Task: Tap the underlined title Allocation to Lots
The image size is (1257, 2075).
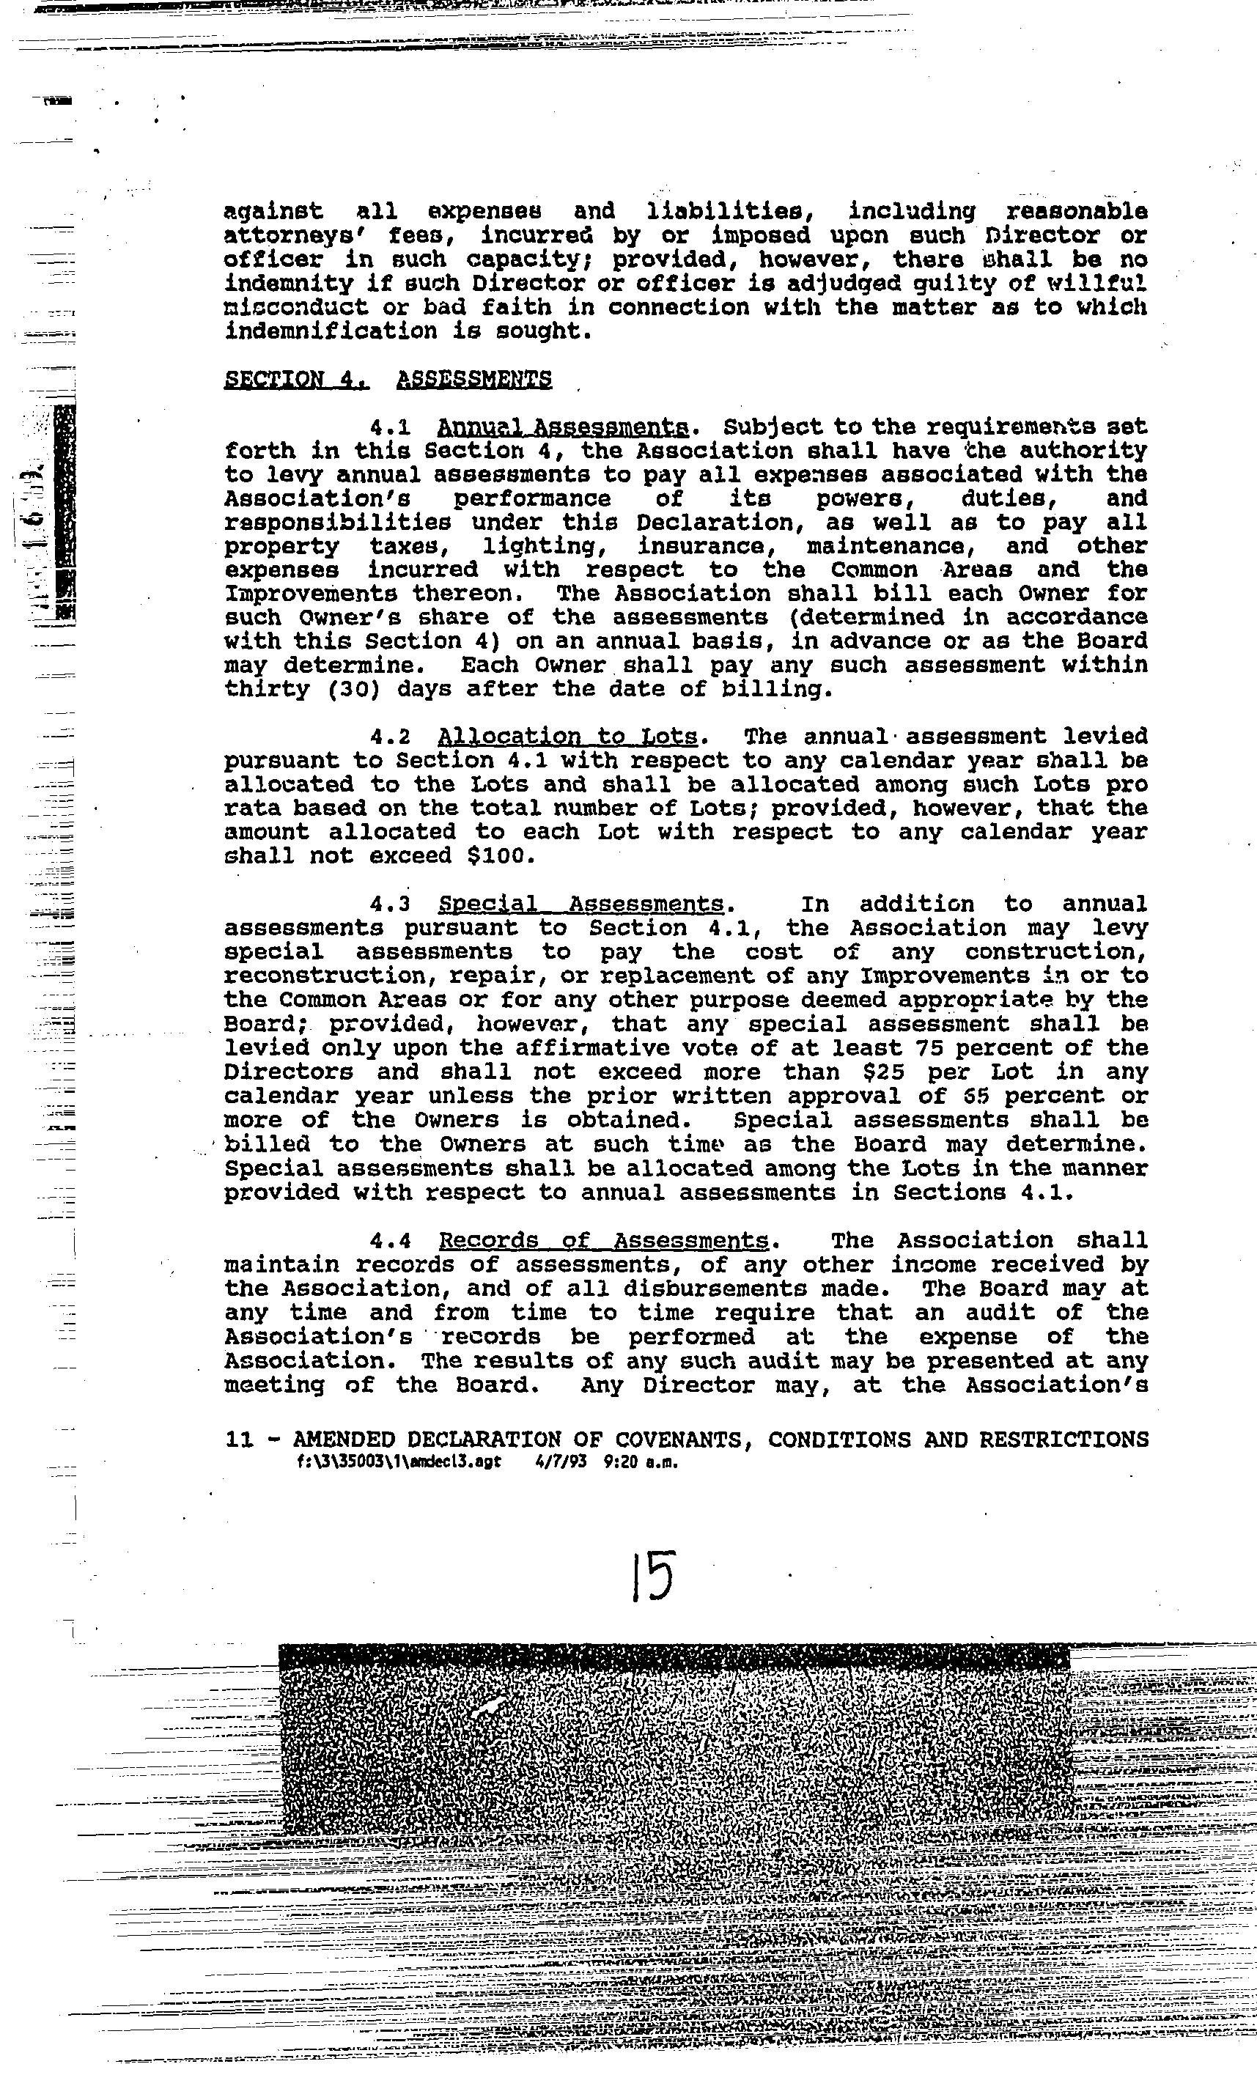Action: [x=567, y=737]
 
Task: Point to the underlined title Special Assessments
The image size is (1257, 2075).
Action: [x=581, y=904]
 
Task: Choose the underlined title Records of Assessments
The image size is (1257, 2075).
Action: [x=604, y=1240]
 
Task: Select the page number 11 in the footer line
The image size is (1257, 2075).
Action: [x=239, y=1440]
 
